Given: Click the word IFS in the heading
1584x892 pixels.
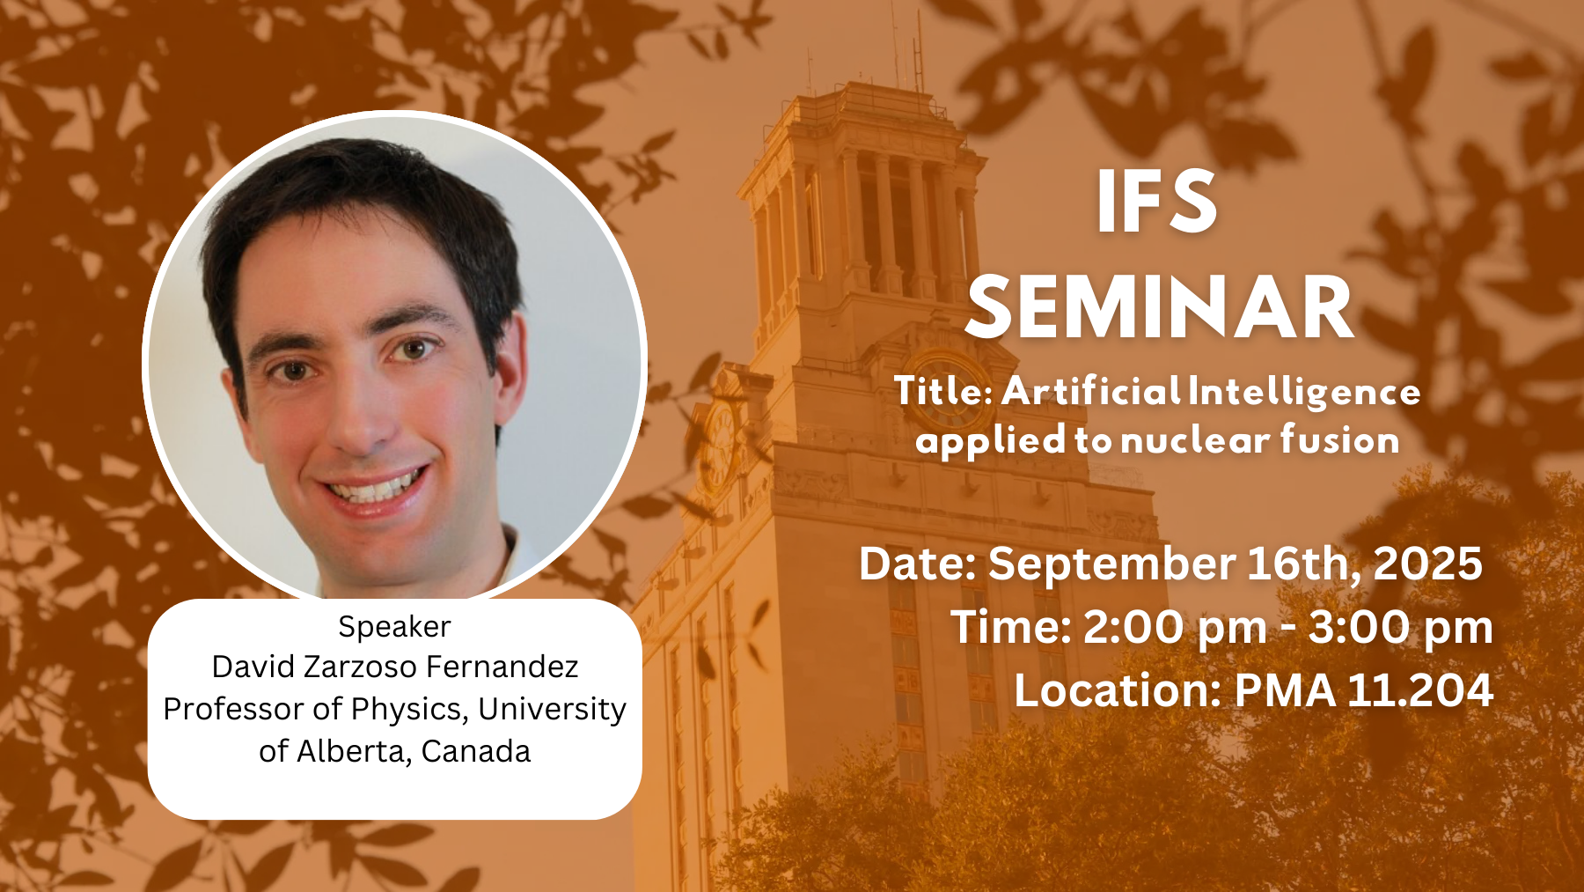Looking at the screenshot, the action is click(1157, 202).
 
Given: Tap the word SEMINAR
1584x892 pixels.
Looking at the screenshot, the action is click(1160, 307).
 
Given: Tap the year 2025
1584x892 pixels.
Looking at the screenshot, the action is click(1427, 564).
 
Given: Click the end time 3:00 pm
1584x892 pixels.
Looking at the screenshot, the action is click(1400, 628).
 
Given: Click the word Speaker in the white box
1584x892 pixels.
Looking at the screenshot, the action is click(394, 627).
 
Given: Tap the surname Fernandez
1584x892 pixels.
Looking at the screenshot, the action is click(502, 667).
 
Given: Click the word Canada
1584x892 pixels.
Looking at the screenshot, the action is click(475, 751).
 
